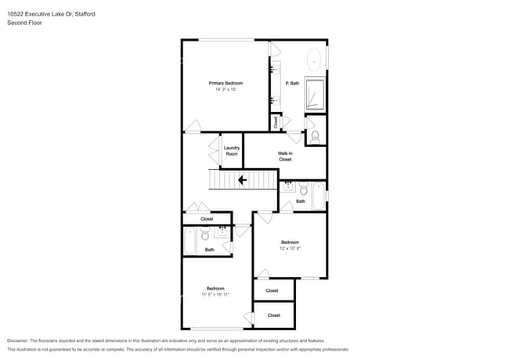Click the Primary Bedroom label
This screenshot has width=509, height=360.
coord(226,83)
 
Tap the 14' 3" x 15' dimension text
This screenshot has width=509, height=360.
coord(226,90)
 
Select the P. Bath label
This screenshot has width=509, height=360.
coord(292,83)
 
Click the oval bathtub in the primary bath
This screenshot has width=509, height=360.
coord(315,59)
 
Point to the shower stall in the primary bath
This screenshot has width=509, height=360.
coord(315,95)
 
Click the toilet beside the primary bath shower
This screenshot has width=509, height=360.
coord(316,135)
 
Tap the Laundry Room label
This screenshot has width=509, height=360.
coord(231,151)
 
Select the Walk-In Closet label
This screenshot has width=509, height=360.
coord(285,156)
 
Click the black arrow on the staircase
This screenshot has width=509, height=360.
coord(242,181)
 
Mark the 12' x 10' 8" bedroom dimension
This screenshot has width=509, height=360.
coord(291,248)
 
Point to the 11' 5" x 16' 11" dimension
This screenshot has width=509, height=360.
coord(215,295)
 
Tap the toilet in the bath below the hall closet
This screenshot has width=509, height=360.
coord(205,235)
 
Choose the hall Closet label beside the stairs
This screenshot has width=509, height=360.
coord(207,219)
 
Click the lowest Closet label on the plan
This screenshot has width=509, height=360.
coord(273,315)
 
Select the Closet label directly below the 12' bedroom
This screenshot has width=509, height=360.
coord(272,290)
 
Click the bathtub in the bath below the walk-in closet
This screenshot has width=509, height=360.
coord(317,196)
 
